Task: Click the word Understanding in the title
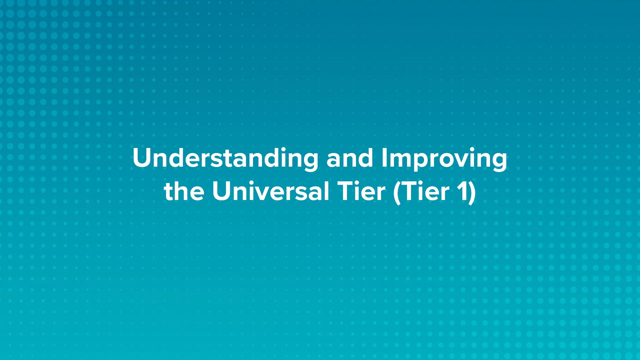(225, 158)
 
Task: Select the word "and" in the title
(350, 158)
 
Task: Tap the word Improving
(444, 158)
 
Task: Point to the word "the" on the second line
(184, 191)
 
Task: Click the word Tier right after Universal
(361, 191)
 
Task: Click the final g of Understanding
(310, 161)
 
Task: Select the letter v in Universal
(258, 193)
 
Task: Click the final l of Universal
(326, 191)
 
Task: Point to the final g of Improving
(499, 161)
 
